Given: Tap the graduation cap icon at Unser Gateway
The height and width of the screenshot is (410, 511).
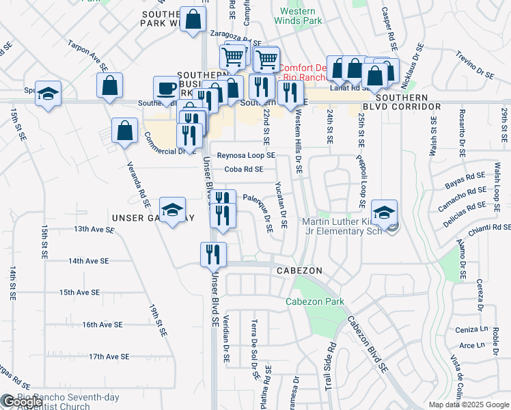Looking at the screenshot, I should (173, 210).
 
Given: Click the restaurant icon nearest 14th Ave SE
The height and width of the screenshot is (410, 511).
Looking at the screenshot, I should (213, 255).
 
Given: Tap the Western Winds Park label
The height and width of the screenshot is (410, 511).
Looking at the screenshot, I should (298, 16).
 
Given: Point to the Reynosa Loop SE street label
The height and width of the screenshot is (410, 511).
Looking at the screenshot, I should (246, 155).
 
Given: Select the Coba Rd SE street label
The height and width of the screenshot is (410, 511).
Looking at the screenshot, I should (244, 169).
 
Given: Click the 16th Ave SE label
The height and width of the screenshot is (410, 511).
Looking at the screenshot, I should (102, 325).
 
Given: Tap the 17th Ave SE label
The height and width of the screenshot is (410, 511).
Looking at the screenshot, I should (109, 356).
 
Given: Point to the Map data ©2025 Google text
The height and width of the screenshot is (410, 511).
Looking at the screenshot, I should (468, 405).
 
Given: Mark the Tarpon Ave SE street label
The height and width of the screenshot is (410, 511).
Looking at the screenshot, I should (87, 55).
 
